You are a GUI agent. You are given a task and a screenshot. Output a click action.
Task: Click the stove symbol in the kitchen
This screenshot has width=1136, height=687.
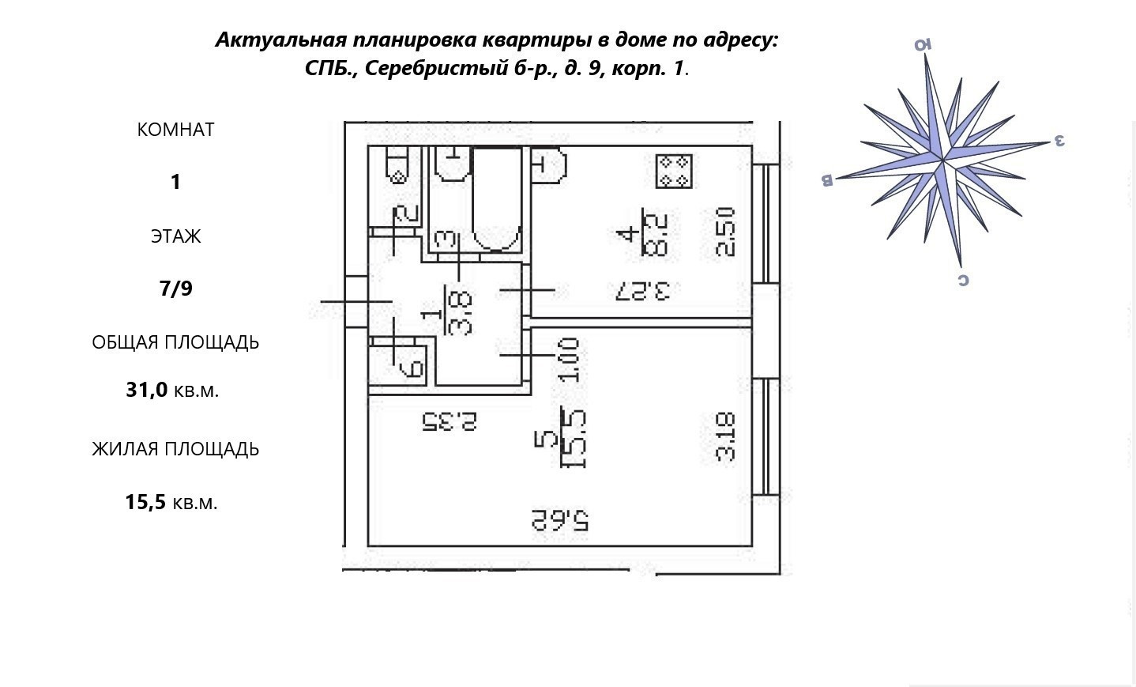(x=674, y=171)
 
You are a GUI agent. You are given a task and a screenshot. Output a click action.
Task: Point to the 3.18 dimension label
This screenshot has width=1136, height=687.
(x=726, y=436)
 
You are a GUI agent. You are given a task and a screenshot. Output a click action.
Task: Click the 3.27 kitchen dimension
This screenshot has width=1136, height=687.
(x=641, y=291)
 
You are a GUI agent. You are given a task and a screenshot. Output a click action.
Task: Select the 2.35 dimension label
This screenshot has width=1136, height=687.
(x=450, y=421)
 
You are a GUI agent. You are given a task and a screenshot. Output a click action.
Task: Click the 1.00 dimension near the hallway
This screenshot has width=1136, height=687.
(x=570, y=360)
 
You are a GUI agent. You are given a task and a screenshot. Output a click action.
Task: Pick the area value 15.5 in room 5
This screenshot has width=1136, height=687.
(x=573, y=439)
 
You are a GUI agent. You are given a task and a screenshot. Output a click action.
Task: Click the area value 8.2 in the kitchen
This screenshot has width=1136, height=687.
(x=656, y=234)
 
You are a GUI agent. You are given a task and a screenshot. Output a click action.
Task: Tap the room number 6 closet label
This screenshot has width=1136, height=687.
(x=412, y=368)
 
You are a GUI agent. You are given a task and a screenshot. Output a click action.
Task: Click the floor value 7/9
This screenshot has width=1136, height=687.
(x=175, y=289)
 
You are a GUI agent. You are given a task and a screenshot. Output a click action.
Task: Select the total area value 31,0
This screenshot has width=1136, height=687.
(x=147, y=390)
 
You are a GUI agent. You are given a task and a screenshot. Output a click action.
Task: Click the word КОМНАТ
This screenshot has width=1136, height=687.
(x=175, y=130)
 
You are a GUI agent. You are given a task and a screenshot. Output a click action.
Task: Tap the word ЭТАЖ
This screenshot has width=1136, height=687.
(x=175, y=236)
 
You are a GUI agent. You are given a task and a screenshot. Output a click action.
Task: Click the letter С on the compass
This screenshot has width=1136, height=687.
(x=963, y=280)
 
